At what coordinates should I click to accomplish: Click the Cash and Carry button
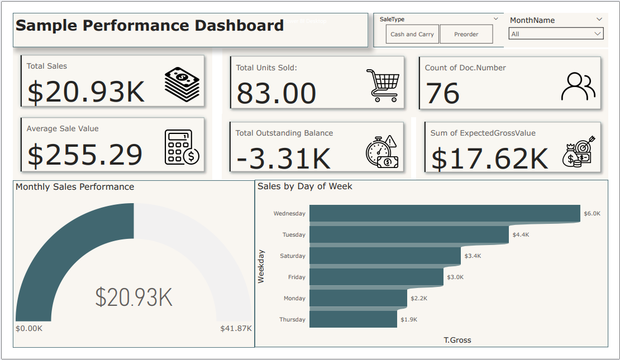tap(412, 34)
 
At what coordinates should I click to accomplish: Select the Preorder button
tap(466, 34)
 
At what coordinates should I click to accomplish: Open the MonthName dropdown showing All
tap(556, 34)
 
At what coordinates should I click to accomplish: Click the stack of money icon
tap(182, 84)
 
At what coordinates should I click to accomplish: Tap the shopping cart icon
tap(383, 85)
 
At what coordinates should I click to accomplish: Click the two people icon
tap(578, 86)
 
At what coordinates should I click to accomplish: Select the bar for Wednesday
tap(445, 213)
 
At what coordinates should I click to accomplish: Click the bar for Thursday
tap(353, 319)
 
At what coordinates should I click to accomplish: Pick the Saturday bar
tap(385, 256)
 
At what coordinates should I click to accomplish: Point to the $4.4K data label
tap(521, 235)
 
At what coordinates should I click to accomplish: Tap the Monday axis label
tap(294, 299)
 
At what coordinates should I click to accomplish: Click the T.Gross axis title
tap(457, 340)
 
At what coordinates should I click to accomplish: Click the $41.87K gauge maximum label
tap(236, 328)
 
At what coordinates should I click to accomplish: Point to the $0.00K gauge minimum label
tap(29, 328)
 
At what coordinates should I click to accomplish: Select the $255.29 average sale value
tap(85, 155)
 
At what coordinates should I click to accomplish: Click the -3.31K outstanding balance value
tap(283, 159)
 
